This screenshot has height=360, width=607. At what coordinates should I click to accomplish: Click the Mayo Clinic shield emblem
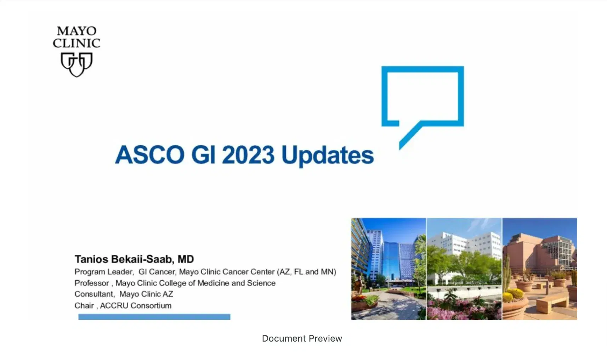coord(76,64)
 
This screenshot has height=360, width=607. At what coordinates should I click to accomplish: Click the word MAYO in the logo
coord(76,31)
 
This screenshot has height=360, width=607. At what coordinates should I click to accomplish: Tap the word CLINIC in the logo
coord(76,43)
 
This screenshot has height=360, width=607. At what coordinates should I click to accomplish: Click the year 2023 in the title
coord(248,155)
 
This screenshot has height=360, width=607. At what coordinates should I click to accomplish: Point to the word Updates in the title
coord(327,156)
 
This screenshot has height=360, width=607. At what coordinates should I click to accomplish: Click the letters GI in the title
coord(203,155)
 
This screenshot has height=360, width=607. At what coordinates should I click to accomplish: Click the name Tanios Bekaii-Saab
coord(124,259)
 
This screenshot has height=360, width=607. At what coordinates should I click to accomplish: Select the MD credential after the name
coord(186,259)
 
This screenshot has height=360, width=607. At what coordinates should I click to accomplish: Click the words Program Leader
coord(103,272)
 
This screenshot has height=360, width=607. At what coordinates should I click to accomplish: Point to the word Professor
coord(91,283)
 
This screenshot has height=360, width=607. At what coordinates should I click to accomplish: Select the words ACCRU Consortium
coord(136,305)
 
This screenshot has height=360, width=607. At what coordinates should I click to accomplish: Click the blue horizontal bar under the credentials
coord(154,317)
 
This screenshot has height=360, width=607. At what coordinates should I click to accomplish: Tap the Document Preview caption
coord(302,338)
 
